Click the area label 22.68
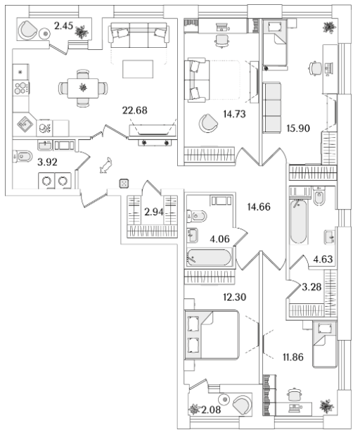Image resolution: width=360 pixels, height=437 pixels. pyautogui.click(x=135, y=110)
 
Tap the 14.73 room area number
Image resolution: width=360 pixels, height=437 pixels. pyautogui.click(x=234, y=114)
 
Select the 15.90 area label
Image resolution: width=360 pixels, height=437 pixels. pyautogui.click(x=298, y=128)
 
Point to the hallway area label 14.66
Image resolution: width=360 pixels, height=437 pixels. pyautogui.click(x=259, y=207)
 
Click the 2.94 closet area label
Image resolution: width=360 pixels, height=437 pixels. pyautogui.click(x=154, y=212)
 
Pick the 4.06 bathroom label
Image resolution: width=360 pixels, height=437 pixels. pyautogui.click(x=219, y=239)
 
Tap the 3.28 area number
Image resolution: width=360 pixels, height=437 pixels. pyautogui.click(x=311, y=287)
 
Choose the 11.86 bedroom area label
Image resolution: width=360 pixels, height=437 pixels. pyautogui.click(x=293, y=357)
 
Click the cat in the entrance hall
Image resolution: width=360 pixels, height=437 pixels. pyautogui.click(x=105, y=165)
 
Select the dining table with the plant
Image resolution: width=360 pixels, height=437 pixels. pyautogui.click(x=83, y=88)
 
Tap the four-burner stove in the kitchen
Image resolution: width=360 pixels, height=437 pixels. pyautogui.click(x=21, y=88)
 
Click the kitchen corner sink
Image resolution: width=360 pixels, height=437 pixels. pyautogui.click(x=24, y=124)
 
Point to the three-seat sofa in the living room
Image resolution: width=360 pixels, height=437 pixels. pyautogui.click(x=139, y=35)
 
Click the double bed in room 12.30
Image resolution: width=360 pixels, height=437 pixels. pyautogui.click(x=212, y=334)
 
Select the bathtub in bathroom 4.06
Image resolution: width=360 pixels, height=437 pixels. pyautogui.click(x=210, y=258)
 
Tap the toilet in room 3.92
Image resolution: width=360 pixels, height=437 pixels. pyautogui.click(x=22, y=157)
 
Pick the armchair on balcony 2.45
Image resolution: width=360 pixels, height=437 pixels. pyautogui.click(x=27, y=30)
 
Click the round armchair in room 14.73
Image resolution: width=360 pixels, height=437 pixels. pyautogui.click(x=208, y=122)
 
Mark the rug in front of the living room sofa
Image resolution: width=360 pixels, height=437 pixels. pyautogui.click(x=138, y=69)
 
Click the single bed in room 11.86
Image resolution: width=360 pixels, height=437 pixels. pyautogui.click(x=325, y=345)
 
